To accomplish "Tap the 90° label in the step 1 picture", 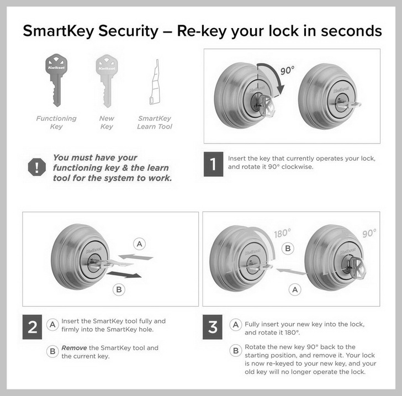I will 288,71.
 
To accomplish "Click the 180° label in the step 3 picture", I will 282,234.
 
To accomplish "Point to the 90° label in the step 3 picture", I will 369,234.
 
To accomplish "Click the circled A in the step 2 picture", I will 140,244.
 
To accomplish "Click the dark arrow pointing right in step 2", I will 124,273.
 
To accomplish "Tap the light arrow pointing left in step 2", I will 136,257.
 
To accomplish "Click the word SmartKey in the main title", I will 58,31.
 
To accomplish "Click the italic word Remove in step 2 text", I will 74,348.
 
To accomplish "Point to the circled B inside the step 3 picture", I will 287,249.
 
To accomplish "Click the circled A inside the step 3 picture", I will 296,289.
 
